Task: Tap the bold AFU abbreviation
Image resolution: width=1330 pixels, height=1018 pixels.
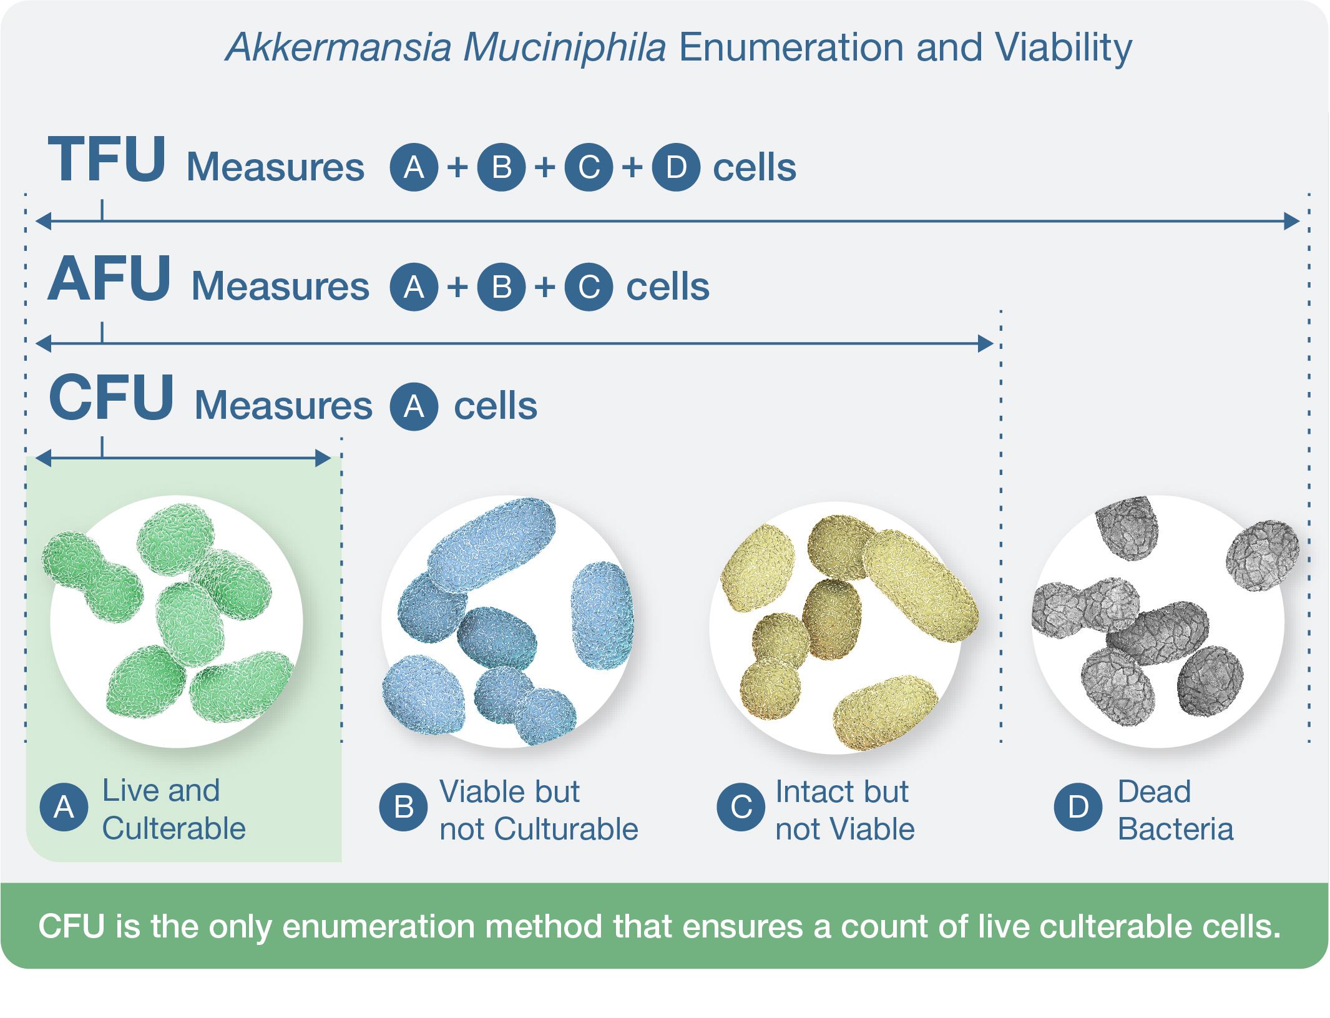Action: tap(109, 279)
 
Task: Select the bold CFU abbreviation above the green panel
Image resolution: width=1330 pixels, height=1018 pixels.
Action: tap(111, 398)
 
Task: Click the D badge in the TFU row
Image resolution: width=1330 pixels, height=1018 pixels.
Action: tap(676, 167)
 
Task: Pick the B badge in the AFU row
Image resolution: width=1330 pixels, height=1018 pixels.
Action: tap(501, 286)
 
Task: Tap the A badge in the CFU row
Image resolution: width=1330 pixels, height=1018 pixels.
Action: tap(414, 406)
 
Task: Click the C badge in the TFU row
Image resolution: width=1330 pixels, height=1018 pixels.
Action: tap(589, 167)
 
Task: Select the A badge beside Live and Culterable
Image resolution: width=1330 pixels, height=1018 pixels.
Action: tap(64, 808)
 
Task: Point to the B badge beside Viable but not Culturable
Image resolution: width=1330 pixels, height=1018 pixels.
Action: tap(404, 808)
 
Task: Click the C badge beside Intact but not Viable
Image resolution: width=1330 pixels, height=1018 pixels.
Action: tap(741, 808)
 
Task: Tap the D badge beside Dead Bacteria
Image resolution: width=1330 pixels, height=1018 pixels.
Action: tap(1078, 808)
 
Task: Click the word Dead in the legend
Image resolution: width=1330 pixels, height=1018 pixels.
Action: tap(1154, 791)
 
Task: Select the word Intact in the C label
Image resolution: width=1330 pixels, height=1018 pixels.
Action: tap(808, 791)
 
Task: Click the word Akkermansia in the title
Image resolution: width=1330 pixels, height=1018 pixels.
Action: tap(338, 47)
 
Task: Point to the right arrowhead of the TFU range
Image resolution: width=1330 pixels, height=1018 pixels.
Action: tap(1292, 221)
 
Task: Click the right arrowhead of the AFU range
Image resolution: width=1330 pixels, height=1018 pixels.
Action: tap(985, 343)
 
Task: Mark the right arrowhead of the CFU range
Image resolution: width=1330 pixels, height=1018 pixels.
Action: tap(323, 459)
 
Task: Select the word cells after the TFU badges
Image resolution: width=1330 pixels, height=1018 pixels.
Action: tap(755, 167)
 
